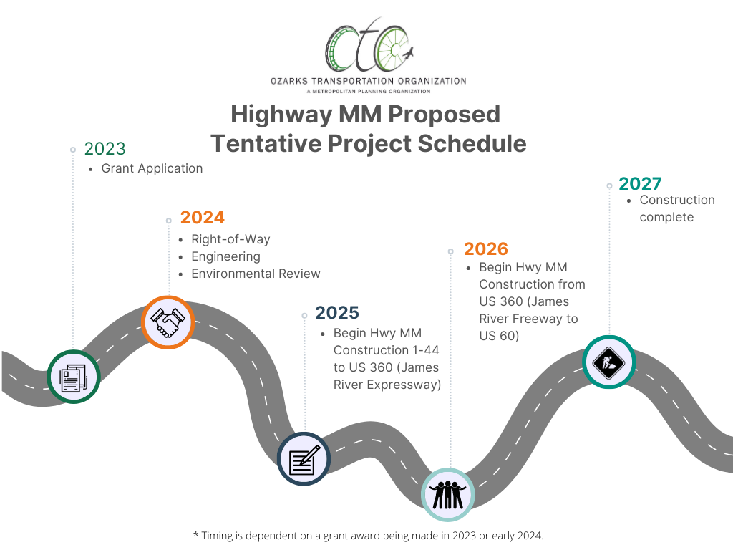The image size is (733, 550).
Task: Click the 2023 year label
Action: click(x=105, y=149)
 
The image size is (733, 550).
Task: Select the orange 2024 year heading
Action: click(x=203, y=218)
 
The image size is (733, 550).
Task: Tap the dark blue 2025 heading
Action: click(x=337, y=312)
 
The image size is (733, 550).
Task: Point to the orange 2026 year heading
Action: click(x=486, y=249)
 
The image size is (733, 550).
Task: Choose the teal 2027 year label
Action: click(x=640, y=184)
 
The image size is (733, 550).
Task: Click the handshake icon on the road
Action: click(x=168, y=322)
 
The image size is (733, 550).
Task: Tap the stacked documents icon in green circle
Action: click(x=74, y=377)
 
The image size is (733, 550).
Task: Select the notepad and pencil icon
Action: click(x=304, y=459)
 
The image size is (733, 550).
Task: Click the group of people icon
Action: click(x=448, y=495)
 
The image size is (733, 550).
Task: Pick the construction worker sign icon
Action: click(x=608, y=362)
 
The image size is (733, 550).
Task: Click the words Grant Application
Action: click(x=152, y=168)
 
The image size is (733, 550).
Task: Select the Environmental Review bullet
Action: click(x=256, y=274)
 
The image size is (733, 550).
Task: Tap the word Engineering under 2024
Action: click(x=225, y=257)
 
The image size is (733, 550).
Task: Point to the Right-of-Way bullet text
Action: click(x=230, y=239)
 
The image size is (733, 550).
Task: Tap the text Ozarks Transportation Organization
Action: click(x=369, y=82)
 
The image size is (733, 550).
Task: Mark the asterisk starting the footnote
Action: click(x=196, y=534)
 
